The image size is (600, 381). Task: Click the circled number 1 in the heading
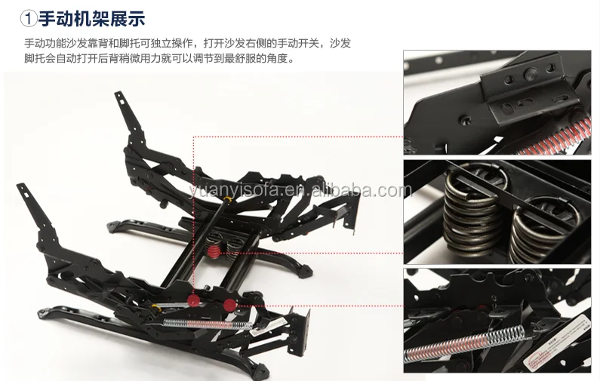click(x=28, y=19)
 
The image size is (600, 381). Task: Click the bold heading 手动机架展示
click(x=91, y=18)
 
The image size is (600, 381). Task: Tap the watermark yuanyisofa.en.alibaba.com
click(x=300, y=190)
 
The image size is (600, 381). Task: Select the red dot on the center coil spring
click(x=214, y=251)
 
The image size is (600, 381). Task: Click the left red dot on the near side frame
click(x=194, y=300)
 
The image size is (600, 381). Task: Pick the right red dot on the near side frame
click(x=229, y=305)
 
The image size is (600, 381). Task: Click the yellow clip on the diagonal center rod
click(x=228, y=199)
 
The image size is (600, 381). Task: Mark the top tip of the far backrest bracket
click(x=118, y=93)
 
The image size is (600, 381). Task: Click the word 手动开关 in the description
click(x=293, y=43)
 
